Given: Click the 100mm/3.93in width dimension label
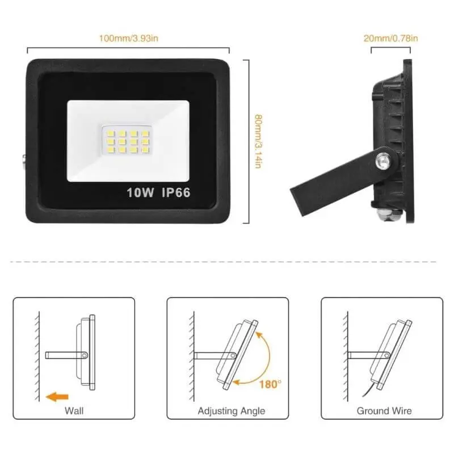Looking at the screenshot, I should coord(128,39).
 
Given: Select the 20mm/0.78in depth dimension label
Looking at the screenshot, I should coord(390,39).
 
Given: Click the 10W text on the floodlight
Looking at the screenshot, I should coord(141,192).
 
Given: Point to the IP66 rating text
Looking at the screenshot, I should coord(175,192).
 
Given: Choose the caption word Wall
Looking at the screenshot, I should coord(74,410).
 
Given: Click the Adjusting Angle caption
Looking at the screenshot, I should coord(231,410).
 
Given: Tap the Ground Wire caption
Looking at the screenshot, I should coord(384,410).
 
